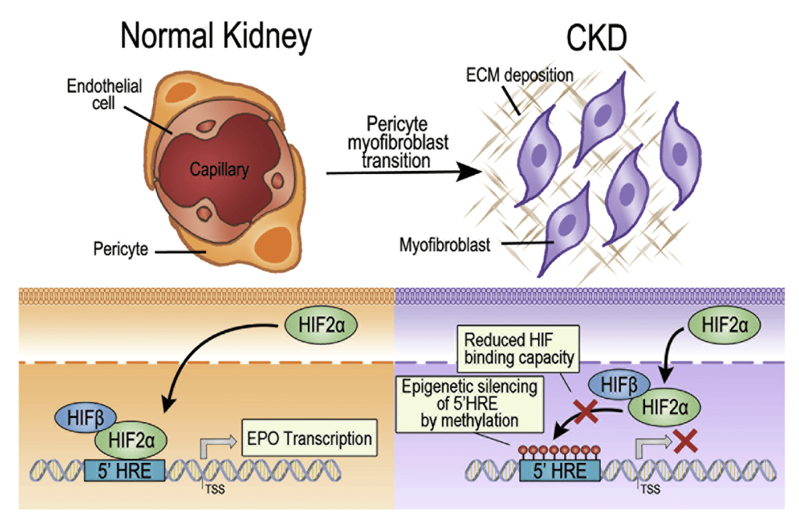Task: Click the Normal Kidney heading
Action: tap(216, 34)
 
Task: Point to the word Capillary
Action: tap(220, 168)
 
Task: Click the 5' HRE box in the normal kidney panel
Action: tap(124, 471)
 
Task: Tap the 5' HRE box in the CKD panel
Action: tap(559, 471)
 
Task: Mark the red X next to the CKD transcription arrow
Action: tap(685, 442)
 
